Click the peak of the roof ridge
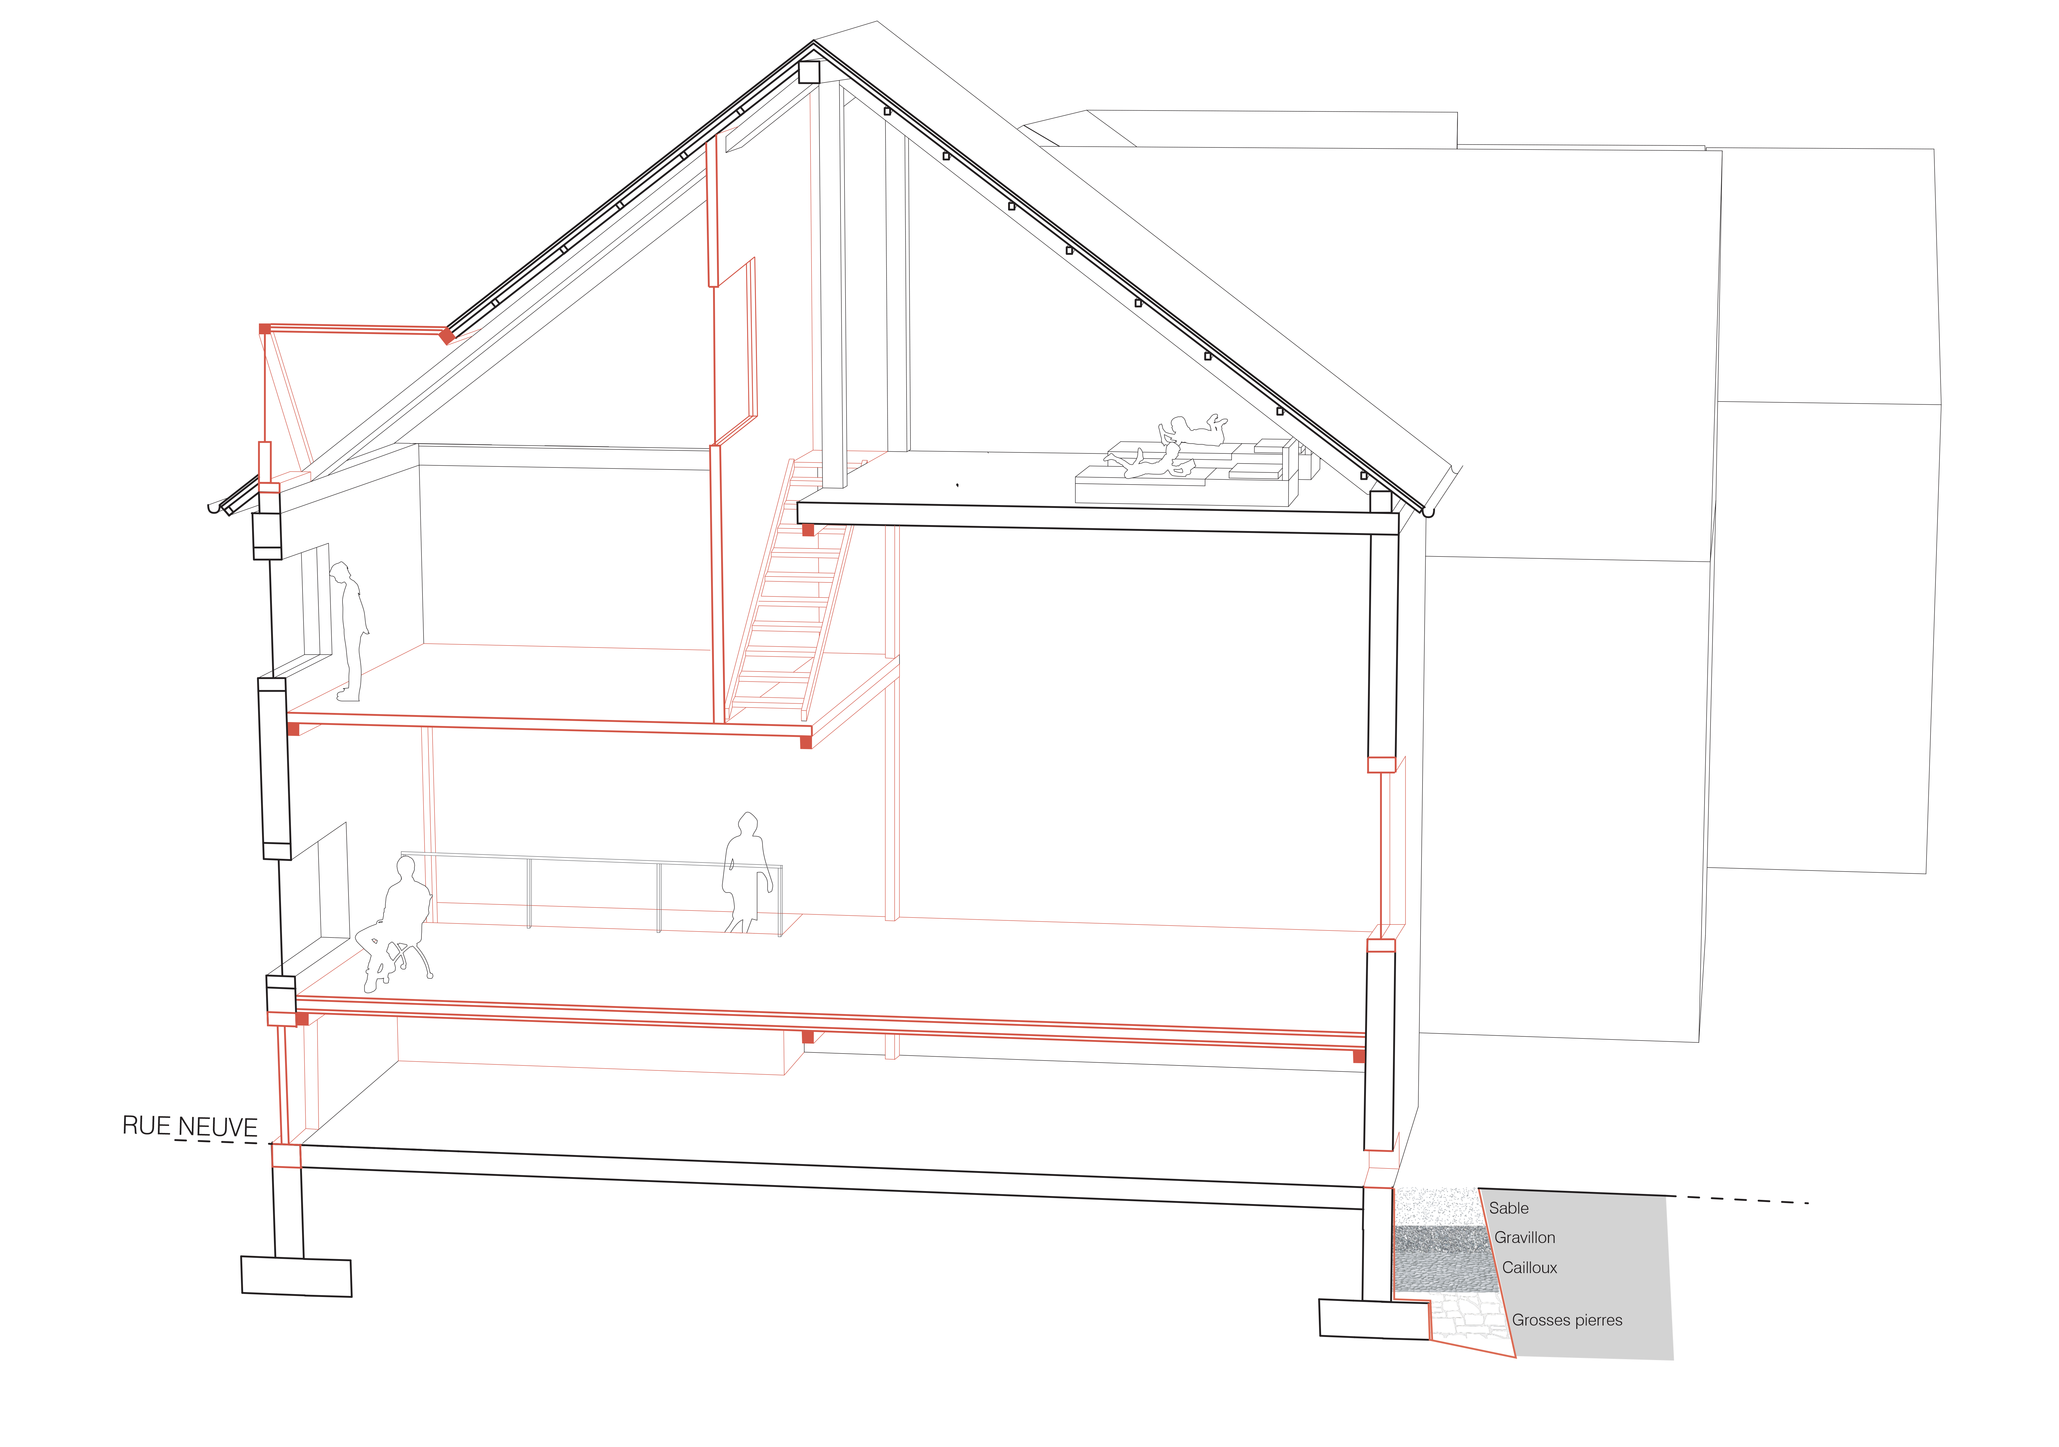coord(813,41)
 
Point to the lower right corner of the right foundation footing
coord(1430,1340)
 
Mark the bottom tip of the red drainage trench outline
coord(1515,1357)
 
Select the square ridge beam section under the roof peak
coord(809,72)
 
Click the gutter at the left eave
coord(213,508)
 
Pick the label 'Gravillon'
coord(1525,1237)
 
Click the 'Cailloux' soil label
coord(1530,1268)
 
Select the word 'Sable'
coord(1509,1208)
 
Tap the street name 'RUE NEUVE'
coord(190,1126)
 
